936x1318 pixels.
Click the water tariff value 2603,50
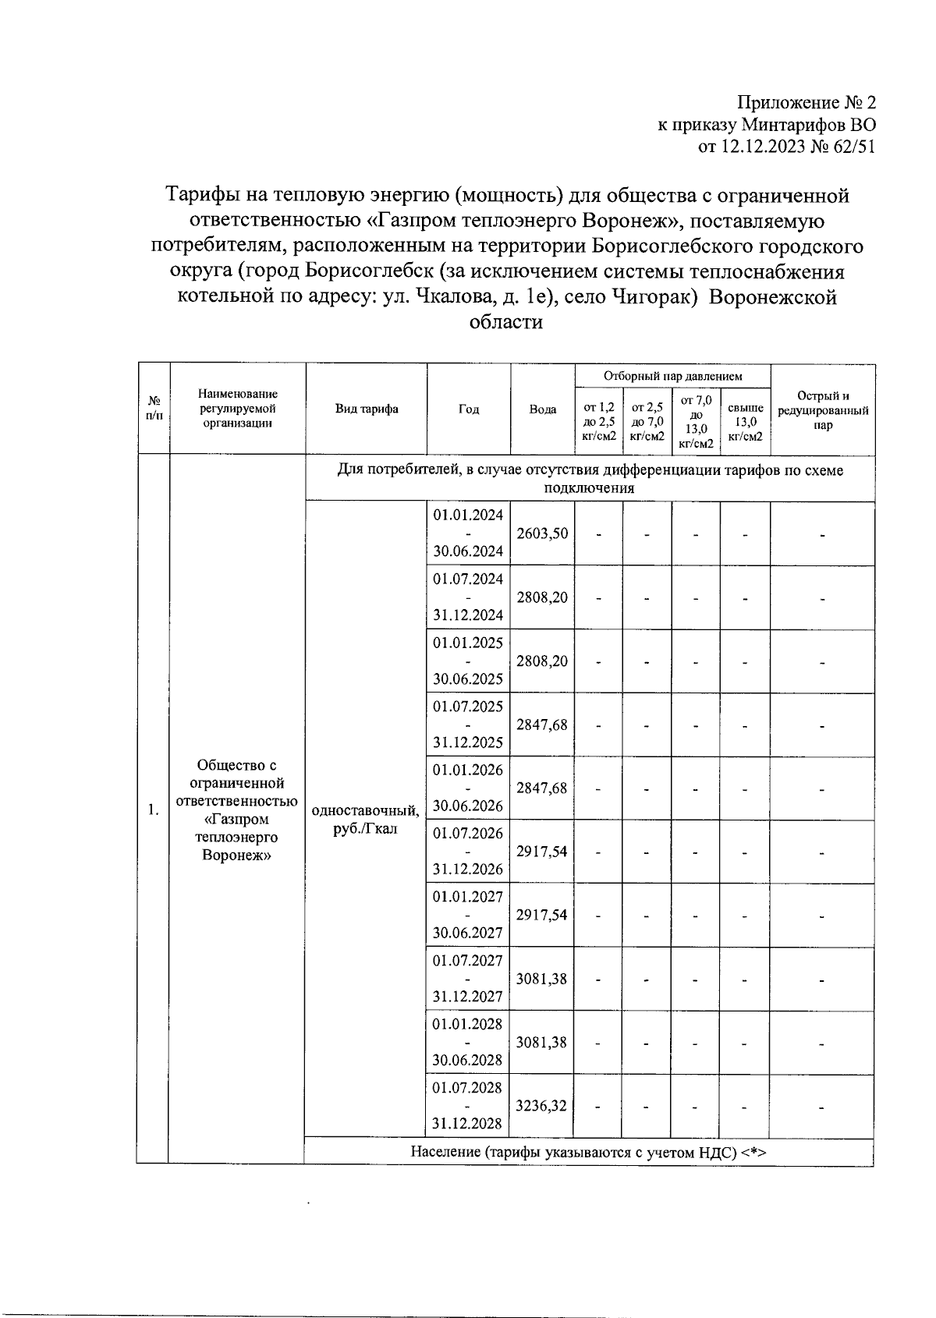point(542,534)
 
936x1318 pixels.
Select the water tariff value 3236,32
point(542,1106)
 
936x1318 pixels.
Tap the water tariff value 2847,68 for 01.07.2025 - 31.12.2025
point(542,725)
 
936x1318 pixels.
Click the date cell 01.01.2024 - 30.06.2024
point(468,534)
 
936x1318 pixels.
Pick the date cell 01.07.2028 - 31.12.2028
point(468,1106)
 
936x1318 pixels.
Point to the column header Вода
point(542,409)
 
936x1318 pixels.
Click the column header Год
point(468,409)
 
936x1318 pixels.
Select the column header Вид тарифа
point(366,409)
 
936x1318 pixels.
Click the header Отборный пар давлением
point(672,377)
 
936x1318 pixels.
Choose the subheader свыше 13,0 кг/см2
point(745,422)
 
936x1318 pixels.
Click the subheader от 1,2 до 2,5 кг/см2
point(599,422)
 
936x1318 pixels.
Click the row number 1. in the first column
point(153,810)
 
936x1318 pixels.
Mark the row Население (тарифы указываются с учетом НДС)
point(589,1152)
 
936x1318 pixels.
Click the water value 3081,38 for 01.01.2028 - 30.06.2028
point(542,1042)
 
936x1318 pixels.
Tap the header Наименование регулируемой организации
point(237,409)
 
